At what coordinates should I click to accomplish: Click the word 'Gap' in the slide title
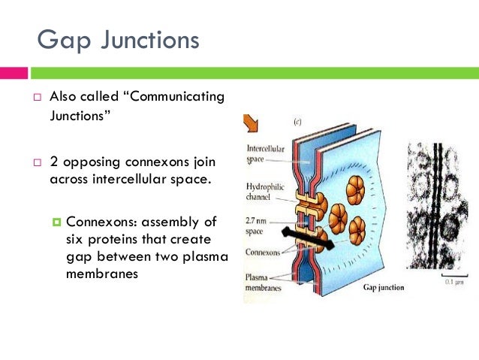point(65,38)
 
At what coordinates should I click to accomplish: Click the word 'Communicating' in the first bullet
point(179,98)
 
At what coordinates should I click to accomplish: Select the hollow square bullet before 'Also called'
point(37,98)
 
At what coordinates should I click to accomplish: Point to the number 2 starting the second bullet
point(53,162)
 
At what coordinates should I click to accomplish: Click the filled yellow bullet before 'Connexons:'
point(56,222)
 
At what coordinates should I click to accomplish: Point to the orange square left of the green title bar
point(14,73)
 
